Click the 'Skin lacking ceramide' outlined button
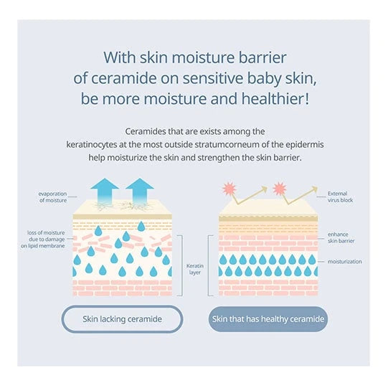pos(122,319)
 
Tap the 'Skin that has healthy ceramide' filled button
pos(268,319)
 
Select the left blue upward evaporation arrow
pos(105,191)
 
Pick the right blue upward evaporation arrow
pos(140,191)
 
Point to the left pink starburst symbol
pos(230,189)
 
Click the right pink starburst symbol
pos(280,189)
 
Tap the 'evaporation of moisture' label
pos(52,197)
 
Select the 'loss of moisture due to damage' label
pos(43,240)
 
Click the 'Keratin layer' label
pos(195,269)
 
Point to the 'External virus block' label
pos(340,197)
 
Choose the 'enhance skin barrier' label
pos(341,237)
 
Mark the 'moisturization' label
pos(345,262)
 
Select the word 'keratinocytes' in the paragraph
pos(91,144)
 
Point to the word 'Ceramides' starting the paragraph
pos(146,131)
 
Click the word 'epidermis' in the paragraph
pos(305,144)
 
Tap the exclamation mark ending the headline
pos(307,98)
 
